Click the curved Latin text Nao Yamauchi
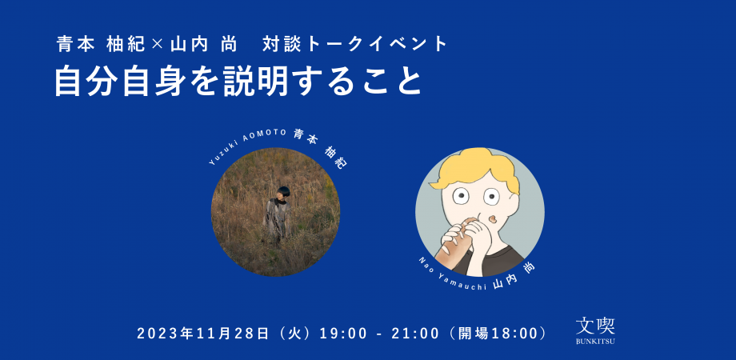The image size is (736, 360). pyautogui.click(x=452, y=277)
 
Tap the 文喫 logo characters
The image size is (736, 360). pyautogui.click(x=595, y=325)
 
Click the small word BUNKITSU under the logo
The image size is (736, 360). pyautogui.click(x=595, y=342)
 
